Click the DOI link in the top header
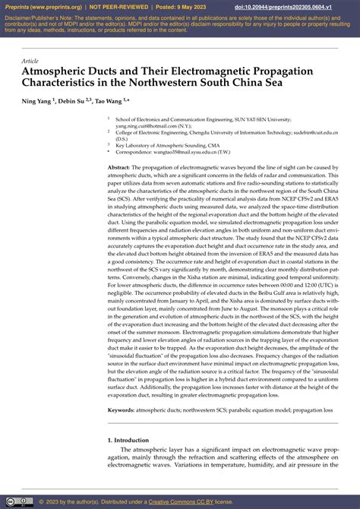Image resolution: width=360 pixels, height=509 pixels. [x=304, y=6]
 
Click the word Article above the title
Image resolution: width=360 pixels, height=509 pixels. [x=30, y=60]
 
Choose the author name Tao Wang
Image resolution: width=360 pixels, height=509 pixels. [x=116, y=100]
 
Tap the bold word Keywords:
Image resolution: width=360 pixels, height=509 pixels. [x=123, y=409]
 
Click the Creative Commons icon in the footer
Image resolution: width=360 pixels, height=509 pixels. [x=9, y=501]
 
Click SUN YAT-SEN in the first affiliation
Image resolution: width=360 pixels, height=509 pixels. [x=253, y=119]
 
